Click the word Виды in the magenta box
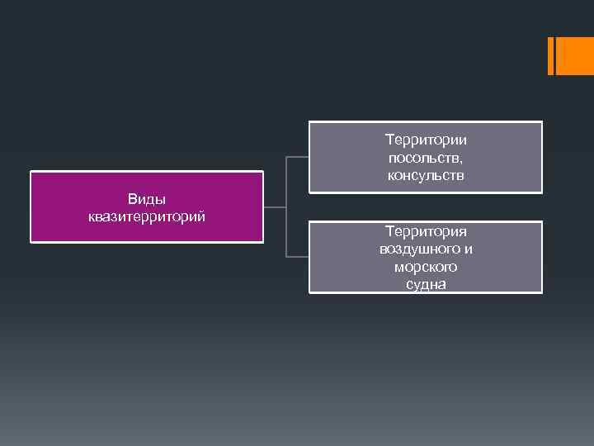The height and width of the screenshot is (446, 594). (x=147, y=200)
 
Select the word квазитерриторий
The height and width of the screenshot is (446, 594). (x=147, y=216)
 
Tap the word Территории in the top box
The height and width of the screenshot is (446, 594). (x=426, y=140)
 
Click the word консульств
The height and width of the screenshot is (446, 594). (x=426, y=175)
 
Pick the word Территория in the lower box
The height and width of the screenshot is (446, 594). (x=426, y=232)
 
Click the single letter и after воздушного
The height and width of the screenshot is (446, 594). (x=468, y=249)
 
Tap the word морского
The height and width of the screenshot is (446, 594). (x=426, y=267)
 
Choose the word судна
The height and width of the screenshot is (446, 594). (x=426, y=284)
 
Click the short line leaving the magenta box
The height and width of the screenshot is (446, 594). (x=274, y=206)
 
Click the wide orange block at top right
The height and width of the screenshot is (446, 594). (x=575, y=55)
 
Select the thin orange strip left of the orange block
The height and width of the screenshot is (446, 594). (x=551, y=55)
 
